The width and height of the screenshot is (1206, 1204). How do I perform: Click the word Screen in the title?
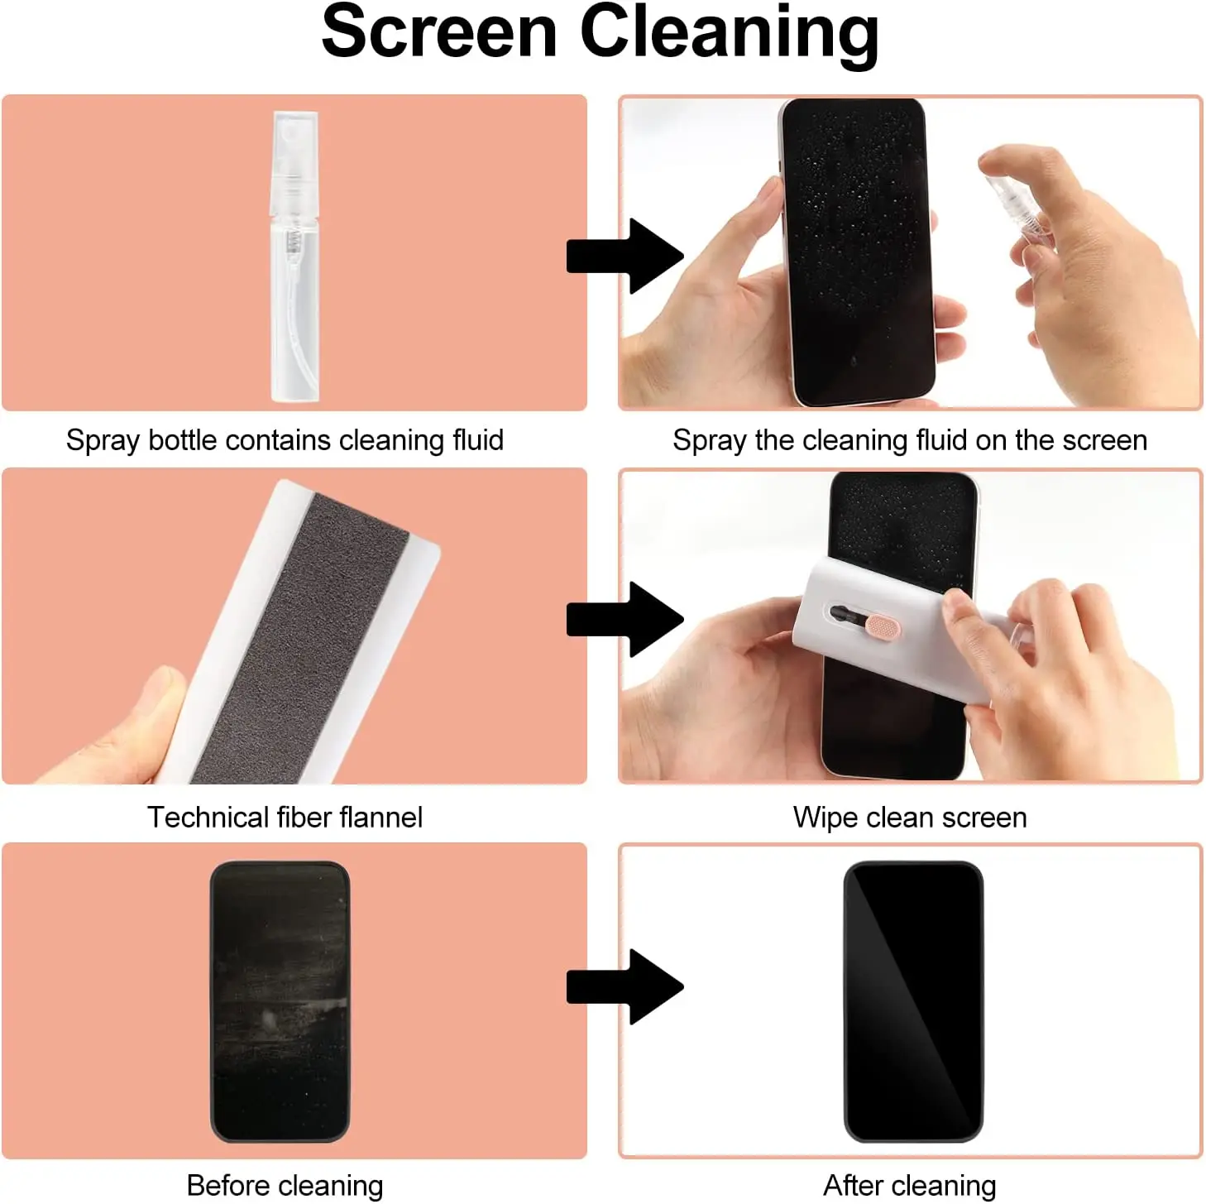[x=438, y=33]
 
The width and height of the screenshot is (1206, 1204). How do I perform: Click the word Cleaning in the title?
[x=729, y=35]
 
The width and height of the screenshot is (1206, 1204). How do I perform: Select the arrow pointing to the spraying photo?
[x=625, y=256]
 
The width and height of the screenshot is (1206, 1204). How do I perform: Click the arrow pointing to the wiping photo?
[x=625, y=619]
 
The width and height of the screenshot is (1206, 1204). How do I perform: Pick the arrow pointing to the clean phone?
[x=625, y=986]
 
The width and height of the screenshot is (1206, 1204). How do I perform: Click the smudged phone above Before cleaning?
[x=280, y=1001]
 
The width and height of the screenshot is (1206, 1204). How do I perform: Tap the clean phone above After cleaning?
[x=913, y=1001]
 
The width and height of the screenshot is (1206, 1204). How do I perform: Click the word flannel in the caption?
[x=381, y=818]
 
